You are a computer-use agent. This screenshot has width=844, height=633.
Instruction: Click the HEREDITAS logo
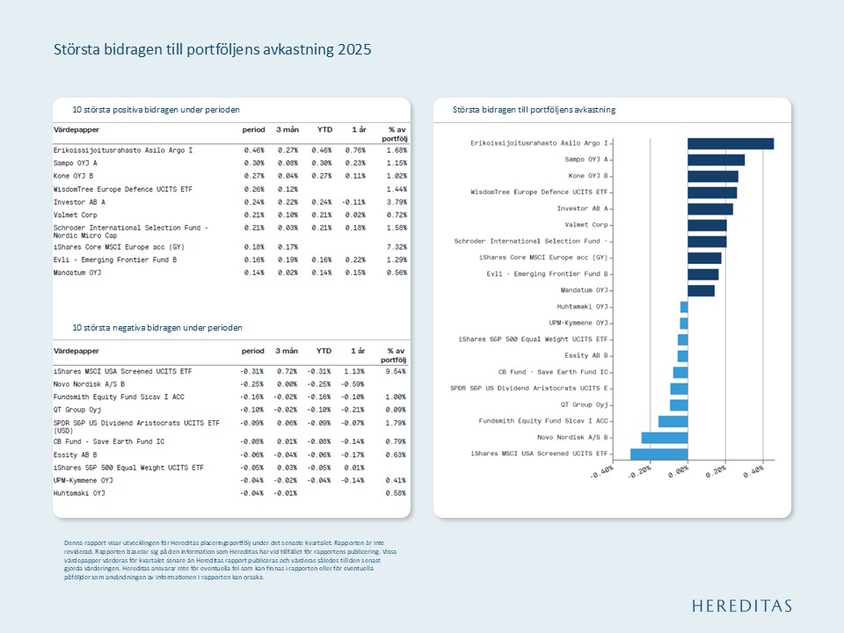point(741,606)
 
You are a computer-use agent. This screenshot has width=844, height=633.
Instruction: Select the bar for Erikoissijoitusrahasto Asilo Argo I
point(730,143)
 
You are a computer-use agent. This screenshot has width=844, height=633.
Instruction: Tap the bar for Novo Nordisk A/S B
point(665,437)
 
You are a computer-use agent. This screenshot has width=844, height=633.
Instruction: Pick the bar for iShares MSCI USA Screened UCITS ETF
point(658,454)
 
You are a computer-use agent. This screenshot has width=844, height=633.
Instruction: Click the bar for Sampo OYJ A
point(716,160)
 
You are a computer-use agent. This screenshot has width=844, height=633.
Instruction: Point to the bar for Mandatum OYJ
point(701,290)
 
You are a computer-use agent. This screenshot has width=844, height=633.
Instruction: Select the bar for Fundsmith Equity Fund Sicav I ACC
point(673,421)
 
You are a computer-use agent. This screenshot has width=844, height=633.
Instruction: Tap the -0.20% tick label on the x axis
point(640,472)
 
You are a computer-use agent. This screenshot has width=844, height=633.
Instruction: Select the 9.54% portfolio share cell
point(397,372)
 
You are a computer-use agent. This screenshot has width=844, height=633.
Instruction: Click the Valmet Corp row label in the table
point(76,215)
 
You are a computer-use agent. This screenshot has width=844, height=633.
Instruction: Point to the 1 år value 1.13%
point(354,372)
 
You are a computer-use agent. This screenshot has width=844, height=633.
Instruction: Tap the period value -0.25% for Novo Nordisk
point(253,383)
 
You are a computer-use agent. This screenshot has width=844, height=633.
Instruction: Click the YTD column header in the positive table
point(324,130)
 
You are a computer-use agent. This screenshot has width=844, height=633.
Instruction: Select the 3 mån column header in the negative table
point(287,351)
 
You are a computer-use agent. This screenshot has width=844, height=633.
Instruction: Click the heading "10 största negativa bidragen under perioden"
point(157,328)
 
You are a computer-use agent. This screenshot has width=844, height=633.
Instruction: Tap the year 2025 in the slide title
point(355,49)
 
